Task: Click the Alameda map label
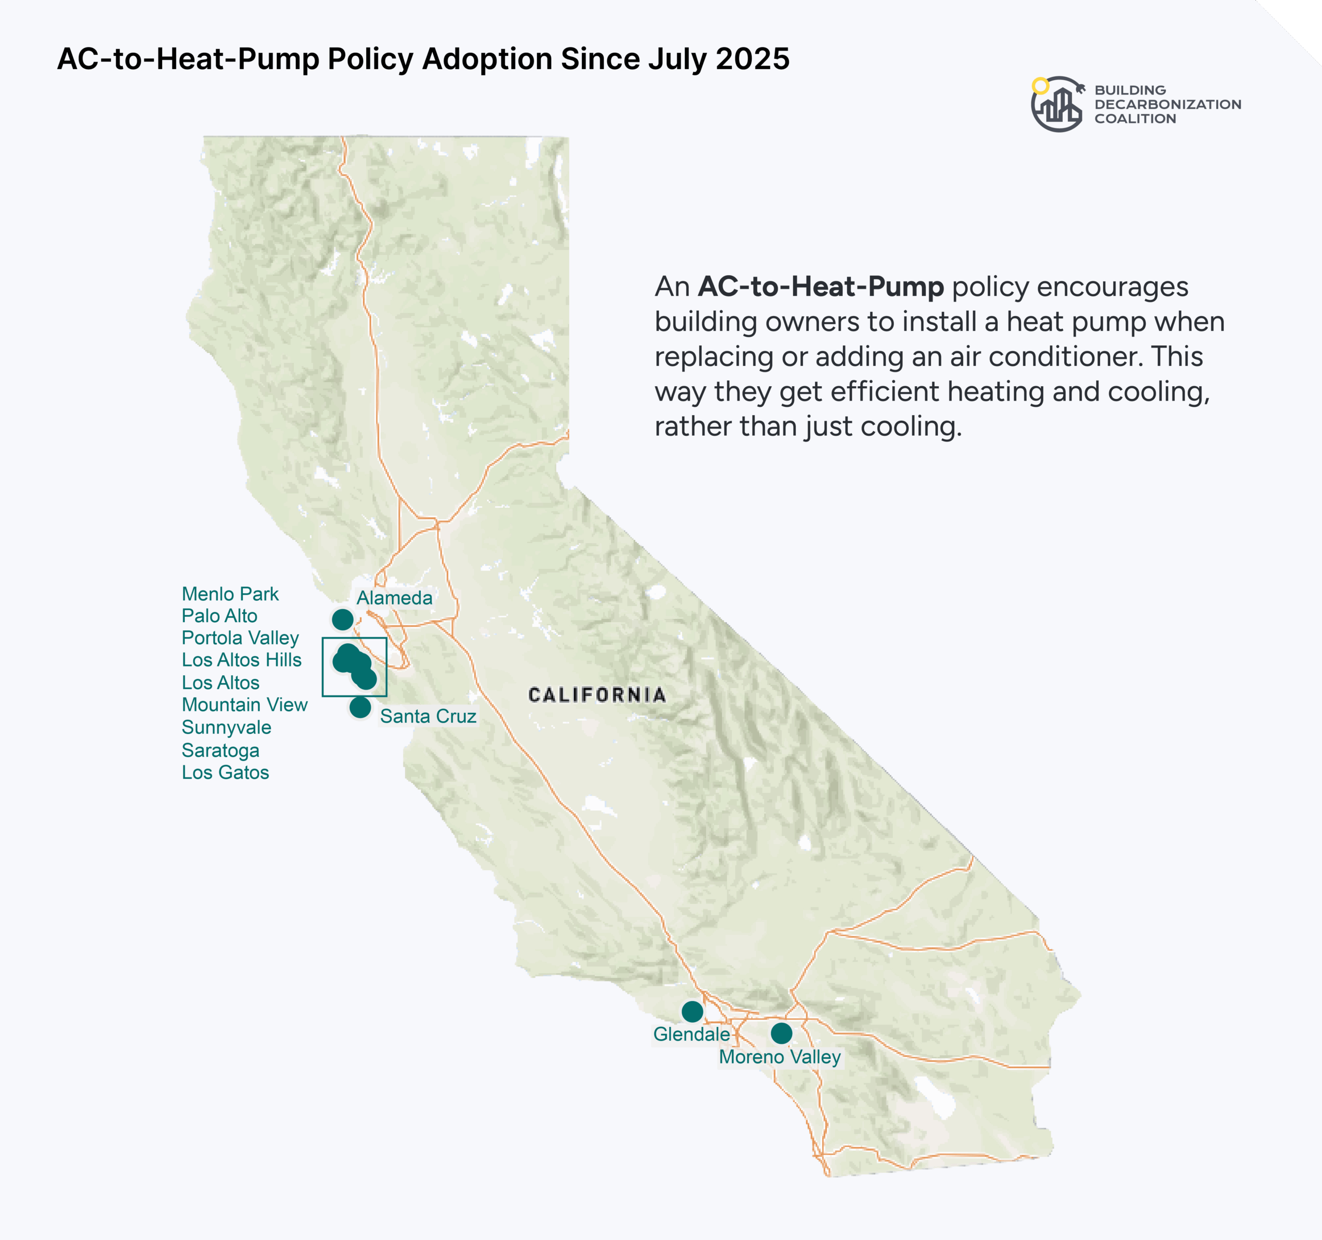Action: pyautogui.click(x=395, y=598)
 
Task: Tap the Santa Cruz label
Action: pyautogui.click(x=428, y=716)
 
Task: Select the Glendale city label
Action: pyautogui.click(x=691, y=1034)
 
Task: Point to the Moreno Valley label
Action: pyautogui.click(x=780, y=1057)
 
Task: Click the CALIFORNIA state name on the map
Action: pyautogui.click(x=597, y=695)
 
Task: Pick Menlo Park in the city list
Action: pyautogui.click(x=230, y=594)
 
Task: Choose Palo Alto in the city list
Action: pyautogui.click(x=219, y=616)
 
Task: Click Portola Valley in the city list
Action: pyautogui.click(x=240, y=638)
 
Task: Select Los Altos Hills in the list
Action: pyautogui.click(x=241, y=660)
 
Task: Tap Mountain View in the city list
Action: pyautogui.click(x=245, y=705)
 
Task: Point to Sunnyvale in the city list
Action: pyautogui.click(x=227, y=727)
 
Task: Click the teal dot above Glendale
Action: pyautogui.click(x=693, y=1012)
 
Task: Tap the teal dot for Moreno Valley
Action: pyautogui.click(x=781, y=1033)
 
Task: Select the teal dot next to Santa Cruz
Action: pyautogui.click(x=360, y=707)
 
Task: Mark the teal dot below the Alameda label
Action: pyautogui.click(x=342, y=619)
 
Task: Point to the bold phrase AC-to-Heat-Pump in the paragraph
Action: pyautogui.click(x=821, y=287)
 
